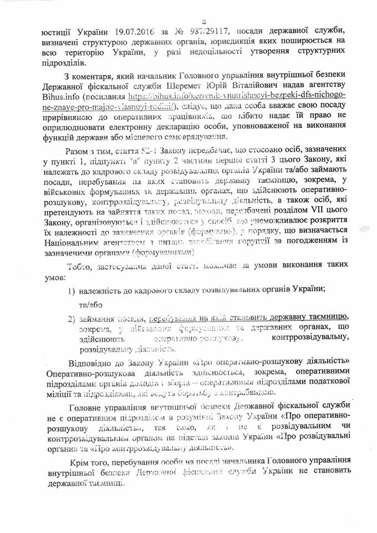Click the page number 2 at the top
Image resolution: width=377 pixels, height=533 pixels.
point(189,7)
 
